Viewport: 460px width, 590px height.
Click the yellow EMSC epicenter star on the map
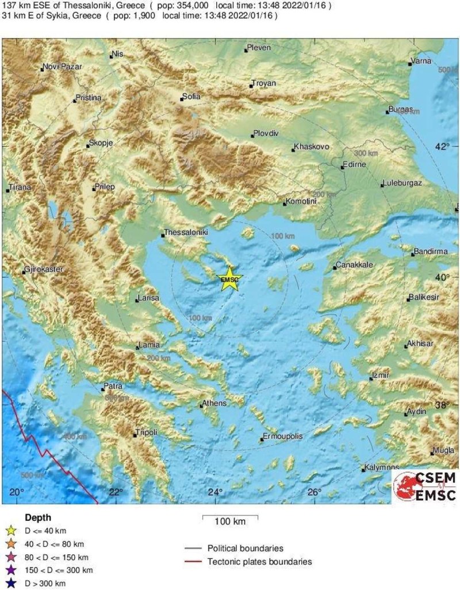coord(229,279)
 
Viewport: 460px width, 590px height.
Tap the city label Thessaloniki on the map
coord(186,233)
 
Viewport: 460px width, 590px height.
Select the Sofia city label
coord(191,97)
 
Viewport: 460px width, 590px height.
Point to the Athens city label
coord(214,404)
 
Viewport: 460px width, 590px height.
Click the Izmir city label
coord(381,375)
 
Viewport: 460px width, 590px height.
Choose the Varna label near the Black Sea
coord(421,62)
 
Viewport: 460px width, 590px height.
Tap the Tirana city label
coord(19,188)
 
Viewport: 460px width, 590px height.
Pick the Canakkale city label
coord(356,265)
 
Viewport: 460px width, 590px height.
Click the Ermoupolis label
coord(282,436)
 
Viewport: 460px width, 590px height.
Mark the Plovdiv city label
coord(266,134)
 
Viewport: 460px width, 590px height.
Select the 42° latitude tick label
coord(442,147)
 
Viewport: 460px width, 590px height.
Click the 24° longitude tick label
coord(215,492)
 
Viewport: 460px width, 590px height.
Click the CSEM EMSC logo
coord(425,486)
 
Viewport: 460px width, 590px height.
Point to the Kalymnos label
coord(382,467)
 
